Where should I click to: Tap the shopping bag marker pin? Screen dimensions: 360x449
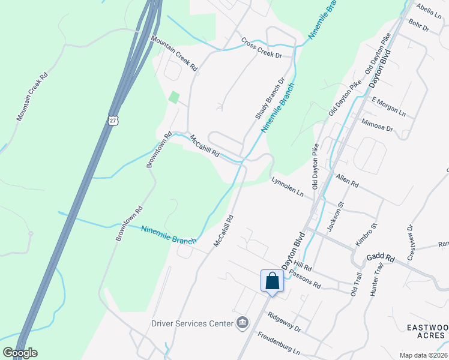tap(272, 281)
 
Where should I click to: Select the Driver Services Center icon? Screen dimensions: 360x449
tap(242, 323)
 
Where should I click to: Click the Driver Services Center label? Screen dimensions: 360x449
tap(192, 323)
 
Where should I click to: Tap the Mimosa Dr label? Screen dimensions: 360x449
tap(378, 125)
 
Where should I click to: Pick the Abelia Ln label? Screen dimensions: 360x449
tap(428, 10)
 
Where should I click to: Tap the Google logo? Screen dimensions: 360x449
tap(20, 353)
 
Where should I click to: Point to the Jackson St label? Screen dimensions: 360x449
tap(335, 217)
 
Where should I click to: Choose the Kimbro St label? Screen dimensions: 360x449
tap(367, 235)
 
